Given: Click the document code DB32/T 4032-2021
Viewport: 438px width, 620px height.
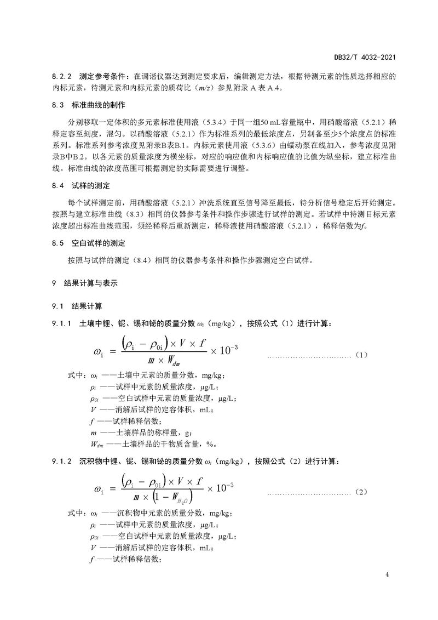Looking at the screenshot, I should coord(365,56).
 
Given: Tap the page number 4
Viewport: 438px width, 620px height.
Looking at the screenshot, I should coord(387,575).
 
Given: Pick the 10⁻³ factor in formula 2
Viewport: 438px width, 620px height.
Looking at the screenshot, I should coord(222,487).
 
